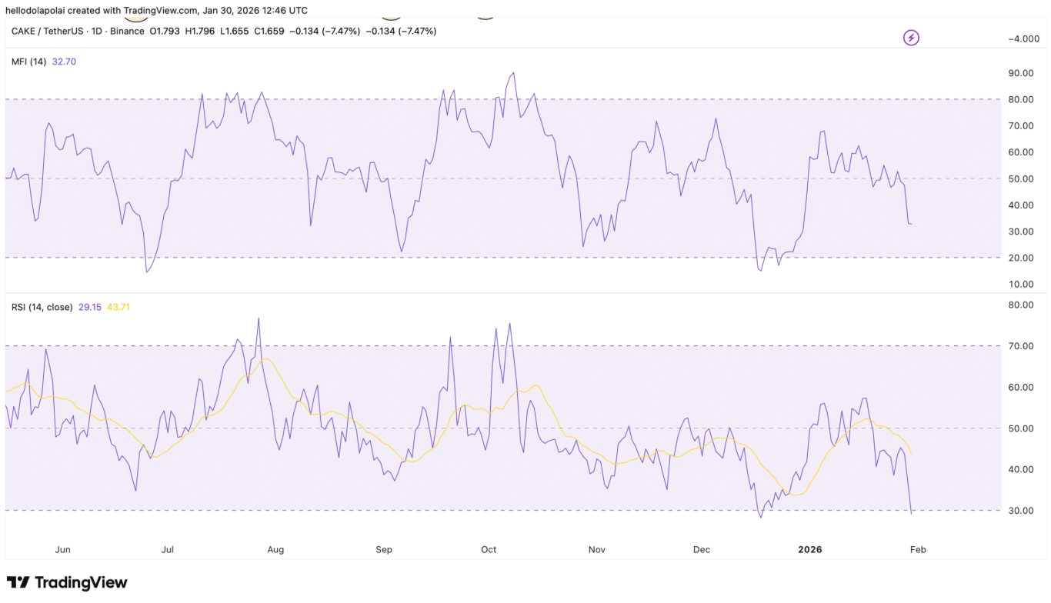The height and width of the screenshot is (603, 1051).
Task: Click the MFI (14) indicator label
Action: click(28, 62)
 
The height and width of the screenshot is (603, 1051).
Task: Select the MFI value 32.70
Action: click(64, 62)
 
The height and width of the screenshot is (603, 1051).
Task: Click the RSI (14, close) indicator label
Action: click(42, 307)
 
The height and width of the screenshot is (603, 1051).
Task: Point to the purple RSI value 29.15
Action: click(90, 307)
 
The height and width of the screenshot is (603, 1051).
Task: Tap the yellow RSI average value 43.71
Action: click(118, 307)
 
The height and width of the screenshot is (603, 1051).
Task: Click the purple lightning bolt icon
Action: click(911, 38)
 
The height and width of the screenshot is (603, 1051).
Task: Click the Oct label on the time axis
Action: click(489, 550)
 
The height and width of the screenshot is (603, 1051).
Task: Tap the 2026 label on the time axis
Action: click(809, 550)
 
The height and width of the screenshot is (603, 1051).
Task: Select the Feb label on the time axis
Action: click(917, 550)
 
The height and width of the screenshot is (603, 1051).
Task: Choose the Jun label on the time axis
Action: click(63, 550)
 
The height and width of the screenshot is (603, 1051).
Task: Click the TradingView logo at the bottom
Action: click(67, 583)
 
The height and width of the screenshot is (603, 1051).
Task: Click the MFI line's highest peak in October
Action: click(513, 73)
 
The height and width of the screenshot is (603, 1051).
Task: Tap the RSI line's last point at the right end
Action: click(912, 513)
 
